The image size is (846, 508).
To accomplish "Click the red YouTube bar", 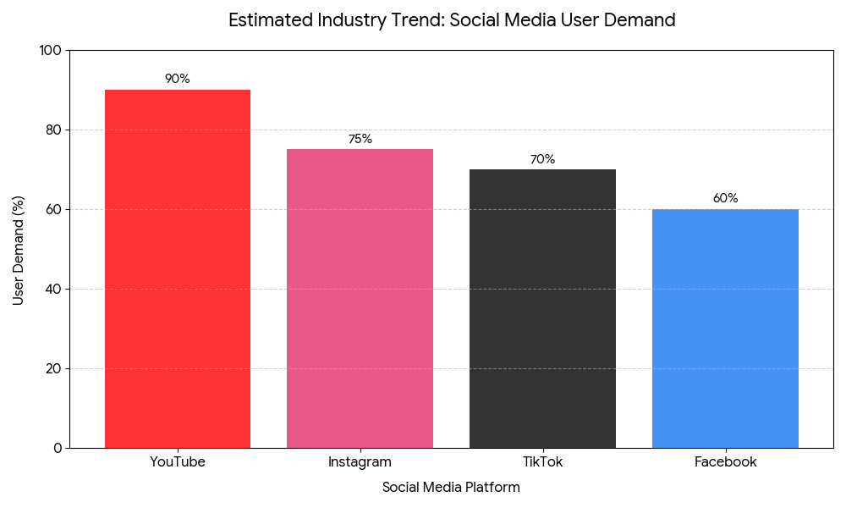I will point(178,268).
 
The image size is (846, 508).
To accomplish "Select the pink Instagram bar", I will point(360,298).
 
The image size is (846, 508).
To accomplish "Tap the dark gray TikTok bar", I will point(542,308).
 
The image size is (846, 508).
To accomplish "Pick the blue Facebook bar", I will point(725,329).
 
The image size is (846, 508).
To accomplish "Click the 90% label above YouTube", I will point(178,79).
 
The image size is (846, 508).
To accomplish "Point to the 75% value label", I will point(360,139).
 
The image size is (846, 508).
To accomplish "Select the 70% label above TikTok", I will point(542,159).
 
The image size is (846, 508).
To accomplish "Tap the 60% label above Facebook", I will point(725,198).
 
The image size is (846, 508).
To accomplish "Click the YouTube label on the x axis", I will point(178,462).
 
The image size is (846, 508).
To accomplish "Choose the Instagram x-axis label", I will point(360,462).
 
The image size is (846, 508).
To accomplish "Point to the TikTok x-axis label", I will point(542,462).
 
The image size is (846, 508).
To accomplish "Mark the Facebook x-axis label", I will point(725,462).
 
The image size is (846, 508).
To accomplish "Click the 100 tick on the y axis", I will point(51,51).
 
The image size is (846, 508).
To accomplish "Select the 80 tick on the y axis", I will point(54,130).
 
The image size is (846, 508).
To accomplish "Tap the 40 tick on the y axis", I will point(54,290).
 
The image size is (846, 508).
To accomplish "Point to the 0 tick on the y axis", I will point(58,448).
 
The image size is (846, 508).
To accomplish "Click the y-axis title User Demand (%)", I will point(19,250).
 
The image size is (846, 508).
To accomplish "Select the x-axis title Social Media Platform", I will point(451,488).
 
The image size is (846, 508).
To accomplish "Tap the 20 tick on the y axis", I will point(54,369).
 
